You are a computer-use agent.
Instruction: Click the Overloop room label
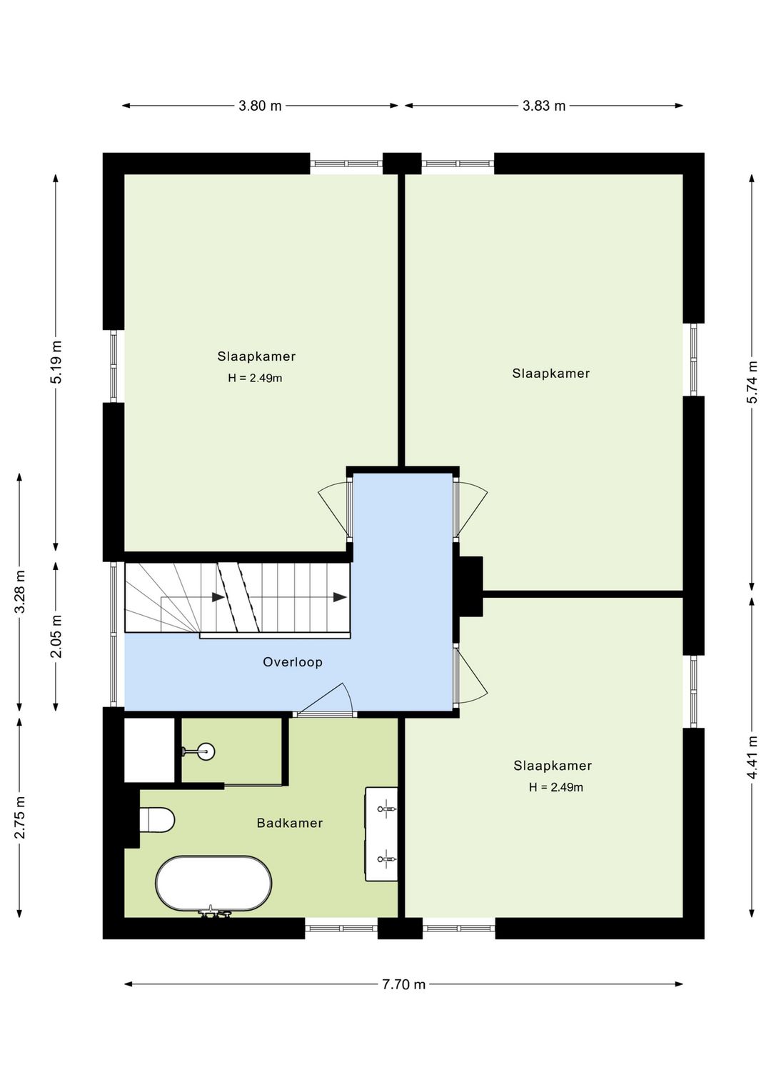[x=293, y=661]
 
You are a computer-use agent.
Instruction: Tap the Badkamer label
[x=290, y=823]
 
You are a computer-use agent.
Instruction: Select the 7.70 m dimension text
[x=403, y=984]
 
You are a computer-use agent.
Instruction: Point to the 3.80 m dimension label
[x=260, y=106]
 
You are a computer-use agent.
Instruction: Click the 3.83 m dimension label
[x=544, y=106]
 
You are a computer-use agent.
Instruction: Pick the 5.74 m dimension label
[x=752, y=382]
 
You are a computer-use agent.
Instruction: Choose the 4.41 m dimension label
[x=752, y=758]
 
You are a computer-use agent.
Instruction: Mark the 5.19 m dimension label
[x=56, y=362]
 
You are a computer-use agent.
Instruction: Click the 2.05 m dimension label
[x=56, y=636]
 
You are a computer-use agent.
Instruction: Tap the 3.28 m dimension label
[x=20, y=592]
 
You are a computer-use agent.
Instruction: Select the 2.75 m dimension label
[x=20, y=818]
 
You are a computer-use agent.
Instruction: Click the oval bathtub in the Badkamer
[x=213, y=883]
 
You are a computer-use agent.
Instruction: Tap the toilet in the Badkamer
[x=156, y=820]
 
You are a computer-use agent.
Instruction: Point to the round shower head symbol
[x=206, y=752]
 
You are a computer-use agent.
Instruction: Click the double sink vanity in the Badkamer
[x=381, y=834]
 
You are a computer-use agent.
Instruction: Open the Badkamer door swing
[x=325, y=699]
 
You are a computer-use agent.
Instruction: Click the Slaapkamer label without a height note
[x=550, y=374]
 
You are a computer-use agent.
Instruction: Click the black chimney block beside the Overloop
[x=470, y=586]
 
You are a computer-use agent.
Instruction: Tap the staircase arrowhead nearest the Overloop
[x=340, y=597]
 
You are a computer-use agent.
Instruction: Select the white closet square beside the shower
[x=149, y=750]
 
